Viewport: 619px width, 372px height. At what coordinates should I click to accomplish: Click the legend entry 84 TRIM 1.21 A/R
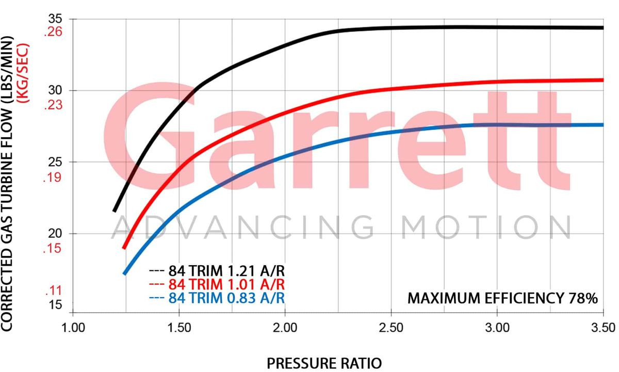tap(217, 270)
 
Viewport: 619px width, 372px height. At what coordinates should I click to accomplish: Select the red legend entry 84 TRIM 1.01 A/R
tap(217, 284)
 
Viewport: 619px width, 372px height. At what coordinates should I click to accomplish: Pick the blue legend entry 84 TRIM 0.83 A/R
tap(217, 298)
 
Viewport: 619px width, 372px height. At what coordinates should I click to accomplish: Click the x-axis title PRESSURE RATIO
tap(324, 363)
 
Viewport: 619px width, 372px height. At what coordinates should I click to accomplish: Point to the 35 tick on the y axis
tap(54, 19)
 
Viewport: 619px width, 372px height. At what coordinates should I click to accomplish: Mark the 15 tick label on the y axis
tap(54, 305)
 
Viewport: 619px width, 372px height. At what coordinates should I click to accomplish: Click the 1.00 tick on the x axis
tap(72, 327)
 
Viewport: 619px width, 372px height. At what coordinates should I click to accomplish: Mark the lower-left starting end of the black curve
tap(115, 211)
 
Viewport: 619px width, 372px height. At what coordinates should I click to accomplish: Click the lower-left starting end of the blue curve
tap(124, 273)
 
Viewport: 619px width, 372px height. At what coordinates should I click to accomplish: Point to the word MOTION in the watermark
tap(487, 228)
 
